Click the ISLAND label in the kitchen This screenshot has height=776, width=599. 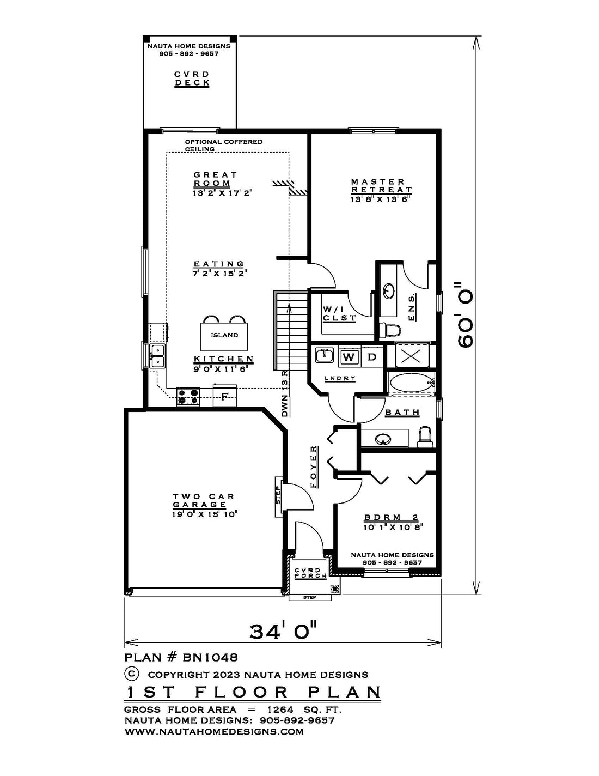coord(224,335)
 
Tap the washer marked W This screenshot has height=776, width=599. coord(349,357)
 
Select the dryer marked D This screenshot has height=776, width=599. coord(372,357)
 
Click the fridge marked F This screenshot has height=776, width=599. coord(224,396)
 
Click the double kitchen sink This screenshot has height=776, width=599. coord(158,356)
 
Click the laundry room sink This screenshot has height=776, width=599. coord(325,356)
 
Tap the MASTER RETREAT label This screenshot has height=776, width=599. coord(381,186)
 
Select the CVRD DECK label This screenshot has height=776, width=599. coord(192,79)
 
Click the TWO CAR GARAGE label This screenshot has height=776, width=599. coord(204,500)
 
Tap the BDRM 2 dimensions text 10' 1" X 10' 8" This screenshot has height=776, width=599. coord(393,527)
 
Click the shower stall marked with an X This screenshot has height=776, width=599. coord(408,356)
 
